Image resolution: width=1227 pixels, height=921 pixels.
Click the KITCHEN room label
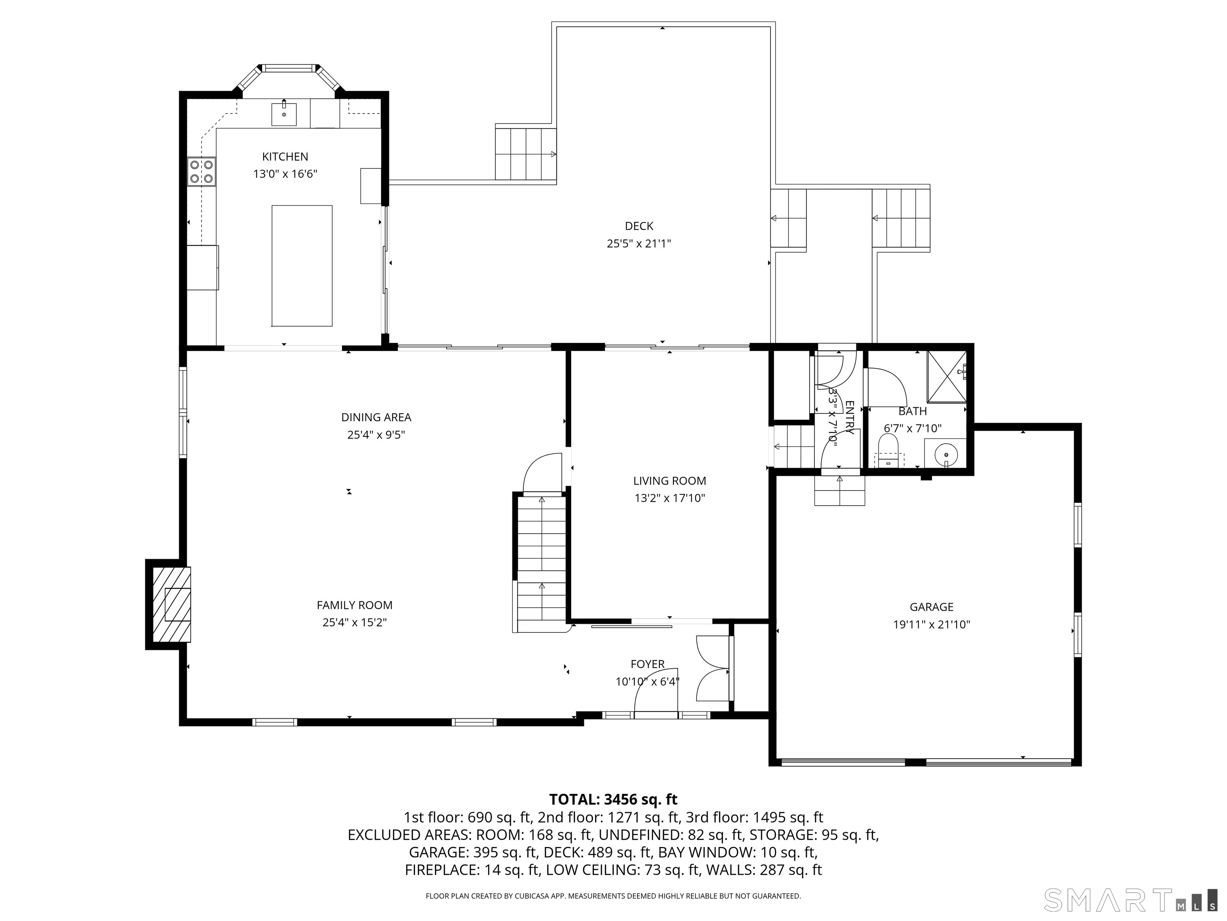(285, 157)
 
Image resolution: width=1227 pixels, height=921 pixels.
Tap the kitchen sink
(284, 114)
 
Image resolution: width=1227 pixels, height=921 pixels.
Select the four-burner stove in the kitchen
(201, 171)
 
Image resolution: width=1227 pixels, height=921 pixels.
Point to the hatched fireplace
(172, 604)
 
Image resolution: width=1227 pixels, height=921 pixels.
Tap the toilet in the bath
(888, 448)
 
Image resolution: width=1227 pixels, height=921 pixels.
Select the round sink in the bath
(946, 455)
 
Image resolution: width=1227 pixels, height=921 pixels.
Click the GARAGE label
(931, 607)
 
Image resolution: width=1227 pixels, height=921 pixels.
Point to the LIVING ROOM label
(669, 481)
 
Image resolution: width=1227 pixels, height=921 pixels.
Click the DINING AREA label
(376, 417)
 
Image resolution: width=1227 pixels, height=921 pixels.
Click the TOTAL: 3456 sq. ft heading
(613, 799)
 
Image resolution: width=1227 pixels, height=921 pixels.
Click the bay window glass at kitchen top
(287, 68)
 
